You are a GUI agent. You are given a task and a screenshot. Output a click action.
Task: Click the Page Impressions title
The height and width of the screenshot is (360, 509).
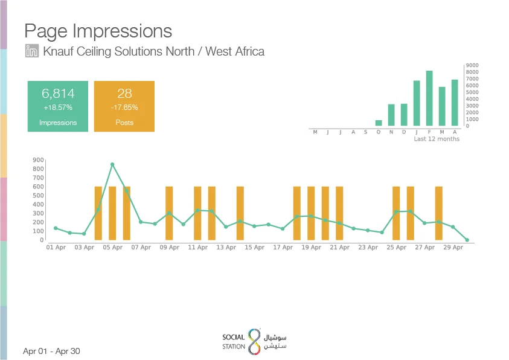point(98,31)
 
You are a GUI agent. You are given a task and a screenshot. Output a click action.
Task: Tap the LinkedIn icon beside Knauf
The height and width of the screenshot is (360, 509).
point(32,51)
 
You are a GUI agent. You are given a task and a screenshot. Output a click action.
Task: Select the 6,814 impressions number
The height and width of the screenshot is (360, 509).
point(58,94)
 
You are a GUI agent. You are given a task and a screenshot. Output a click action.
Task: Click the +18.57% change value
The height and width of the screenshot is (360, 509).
point(58,108)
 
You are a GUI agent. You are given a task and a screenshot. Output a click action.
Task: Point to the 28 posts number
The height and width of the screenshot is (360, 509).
point(124,94)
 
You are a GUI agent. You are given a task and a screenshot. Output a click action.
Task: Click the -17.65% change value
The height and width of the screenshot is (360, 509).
point(124,108)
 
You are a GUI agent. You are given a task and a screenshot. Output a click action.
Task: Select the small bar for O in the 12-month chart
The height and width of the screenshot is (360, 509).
point(379,123)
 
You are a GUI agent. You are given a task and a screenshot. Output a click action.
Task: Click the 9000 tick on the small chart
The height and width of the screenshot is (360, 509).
point(472,65)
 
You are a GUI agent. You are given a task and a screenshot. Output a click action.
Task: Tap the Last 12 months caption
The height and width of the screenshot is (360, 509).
point(437,139)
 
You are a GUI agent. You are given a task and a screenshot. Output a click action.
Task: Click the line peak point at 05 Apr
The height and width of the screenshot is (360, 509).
point(112,164)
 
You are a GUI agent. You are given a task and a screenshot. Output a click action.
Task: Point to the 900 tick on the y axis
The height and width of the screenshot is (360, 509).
point(39,160)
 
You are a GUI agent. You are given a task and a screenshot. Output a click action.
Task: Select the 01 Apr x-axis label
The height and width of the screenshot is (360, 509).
point(56,248)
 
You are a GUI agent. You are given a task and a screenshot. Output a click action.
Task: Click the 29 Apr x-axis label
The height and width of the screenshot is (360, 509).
point(453,248)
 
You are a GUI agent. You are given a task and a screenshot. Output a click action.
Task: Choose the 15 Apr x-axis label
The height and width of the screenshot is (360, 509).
point(254,248)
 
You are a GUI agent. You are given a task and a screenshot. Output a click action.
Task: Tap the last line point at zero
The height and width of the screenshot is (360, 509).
point(467,240)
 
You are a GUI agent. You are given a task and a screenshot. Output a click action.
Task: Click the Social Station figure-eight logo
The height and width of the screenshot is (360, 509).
point(254,341)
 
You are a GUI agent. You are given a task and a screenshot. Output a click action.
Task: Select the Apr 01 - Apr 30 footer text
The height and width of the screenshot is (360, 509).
point(51,351)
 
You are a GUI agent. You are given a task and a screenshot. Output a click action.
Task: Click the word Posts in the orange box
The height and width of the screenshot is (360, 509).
point(124,123)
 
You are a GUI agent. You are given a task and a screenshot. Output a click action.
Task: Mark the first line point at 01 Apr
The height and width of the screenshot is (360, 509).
point(56,228)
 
